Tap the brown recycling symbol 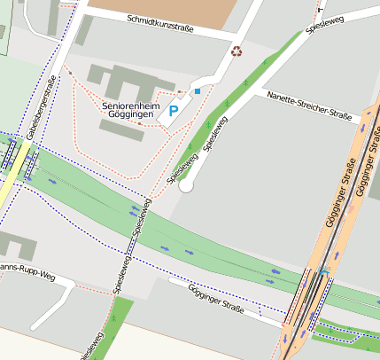click(237, 51)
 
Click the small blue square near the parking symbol click(198, 90)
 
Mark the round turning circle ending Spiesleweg click(185, 185)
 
